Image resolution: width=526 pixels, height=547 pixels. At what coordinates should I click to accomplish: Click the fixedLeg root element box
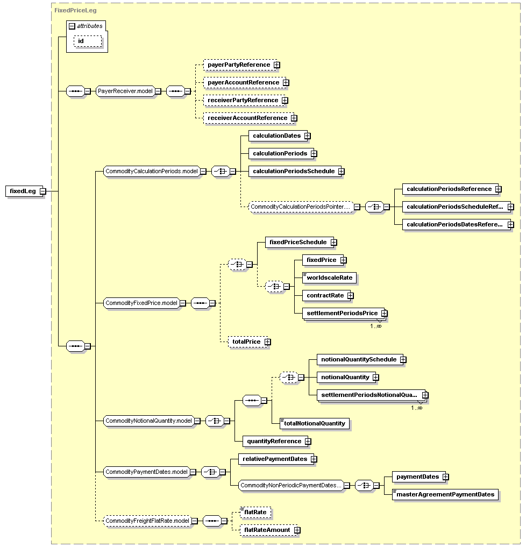24,191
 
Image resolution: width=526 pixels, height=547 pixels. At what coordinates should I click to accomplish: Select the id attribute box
88,41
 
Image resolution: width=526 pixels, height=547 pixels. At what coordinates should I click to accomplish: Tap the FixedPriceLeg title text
75,10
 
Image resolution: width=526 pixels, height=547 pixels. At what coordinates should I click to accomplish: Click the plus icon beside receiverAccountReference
294,118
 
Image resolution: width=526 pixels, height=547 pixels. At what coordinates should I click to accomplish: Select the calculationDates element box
279,136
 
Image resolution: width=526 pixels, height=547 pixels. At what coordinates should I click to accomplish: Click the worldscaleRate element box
329,278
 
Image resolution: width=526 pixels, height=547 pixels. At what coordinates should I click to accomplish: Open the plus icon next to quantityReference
308,441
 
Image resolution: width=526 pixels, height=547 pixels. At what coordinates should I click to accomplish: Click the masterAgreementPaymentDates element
445,495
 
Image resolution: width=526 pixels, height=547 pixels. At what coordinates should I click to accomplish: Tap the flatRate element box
255,512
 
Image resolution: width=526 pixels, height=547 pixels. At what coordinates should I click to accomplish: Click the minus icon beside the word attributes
72,26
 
